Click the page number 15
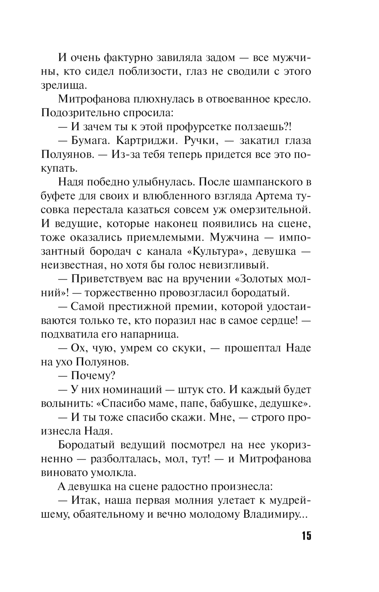pos(306,536)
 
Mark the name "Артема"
pos(271,196)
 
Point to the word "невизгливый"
pos(228,265)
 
